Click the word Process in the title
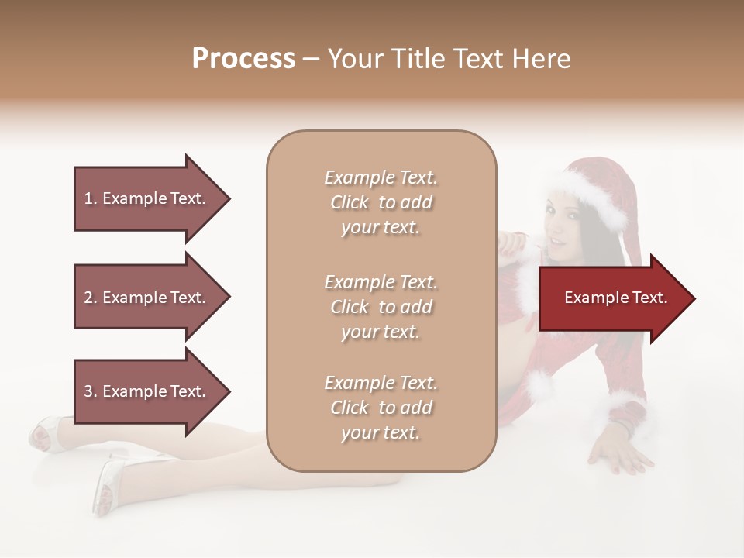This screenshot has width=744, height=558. [x=243, y=59]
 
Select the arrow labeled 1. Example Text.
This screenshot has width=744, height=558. [x=147, y=198]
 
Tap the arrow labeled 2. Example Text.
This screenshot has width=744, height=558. [x=147, y=298]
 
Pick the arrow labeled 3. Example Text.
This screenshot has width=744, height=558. [x=147, y=391]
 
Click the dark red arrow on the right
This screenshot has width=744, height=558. [x=612, y=298]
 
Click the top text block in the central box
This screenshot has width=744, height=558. [x=381, y=202]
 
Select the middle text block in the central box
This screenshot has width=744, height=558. [x=381, y=307]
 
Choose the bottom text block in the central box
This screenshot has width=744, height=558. [x=381, y=408]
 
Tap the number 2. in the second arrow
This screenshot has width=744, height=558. [x=91, y=298]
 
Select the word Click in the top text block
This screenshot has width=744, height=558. [x=350, y=202]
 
